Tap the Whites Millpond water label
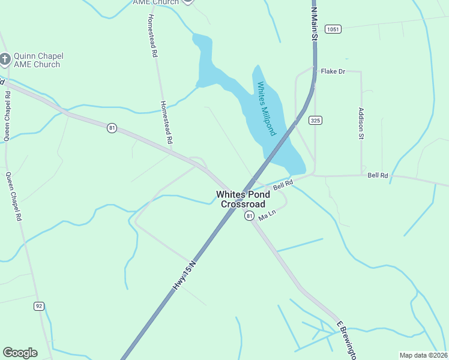pyautogui.click(x=266, y=109)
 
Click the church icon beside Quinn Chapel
pyautogui.click(x=5, y=59)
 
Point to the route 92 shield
pyautogui.click(x=39, y=306)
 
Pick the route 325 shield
pyautogui.click(x=315, y=121)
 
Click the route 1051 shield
pyautogui.click(x=333, y=29)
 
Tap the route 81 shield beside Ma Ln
pyautogui.click(x=249, y=216)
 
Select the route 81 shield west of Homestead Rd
pyautogui.click(x=112, y=128)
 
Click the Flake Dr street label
pyautogui.click(x=333, y=71)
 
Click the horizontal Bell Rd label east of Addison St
pyautogui.click(x=378, y=175)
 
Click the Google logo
pyautogui.click(x=20, y=353)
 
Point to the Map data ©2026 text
pyautogui.click(x=423, y=355)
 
